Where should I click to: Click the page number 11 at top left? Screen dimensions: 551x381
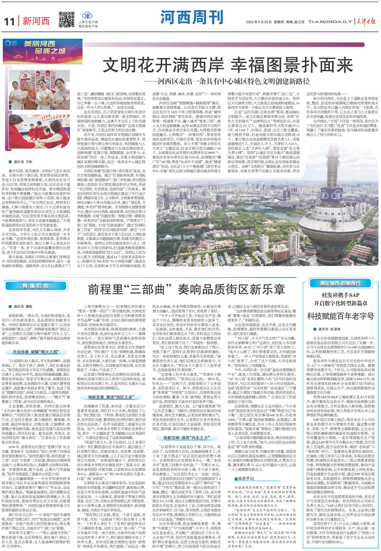pyautogui.click(x=9, y=22)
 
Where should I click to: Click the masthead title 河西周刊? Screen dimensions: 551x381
pyautogui.click(x=192, y=17)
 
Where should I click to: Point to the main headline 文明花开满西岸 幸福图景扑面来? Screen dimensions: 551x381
pyautogui.click(x=228, y=65)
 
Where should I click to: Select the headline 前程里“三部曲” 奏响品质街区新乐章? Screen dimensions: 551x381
pyautogui.click(x=187, y=289)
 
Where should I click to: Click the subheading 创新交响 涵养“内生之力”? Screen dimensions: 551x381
pyautogui.click(x=186, y=437)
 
